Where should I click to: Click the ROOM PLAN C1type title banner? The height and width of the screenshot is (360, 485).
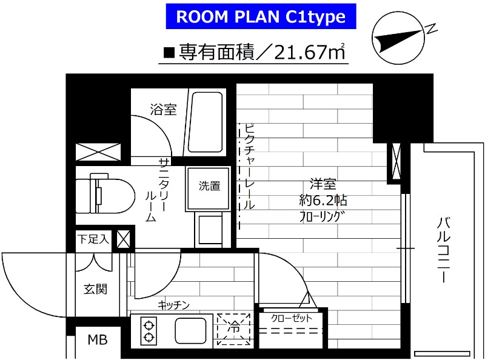261,17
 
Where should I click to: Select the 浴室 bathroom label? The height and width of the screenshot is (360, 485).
163,110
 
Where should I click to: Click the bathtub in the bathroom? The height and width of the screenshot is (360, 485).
206,124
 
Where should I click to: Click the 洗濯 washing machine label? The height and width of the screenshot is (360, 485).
210,186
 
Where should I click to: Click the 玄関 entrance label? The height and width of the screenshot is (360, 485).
95,289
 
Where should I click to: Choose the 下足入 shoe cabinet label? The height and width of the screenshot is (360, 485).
93,239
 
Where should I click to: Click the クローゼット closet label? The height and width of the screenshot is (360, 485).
292,318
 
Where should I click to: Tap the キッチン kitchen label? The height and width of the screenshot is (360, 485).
175,305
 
